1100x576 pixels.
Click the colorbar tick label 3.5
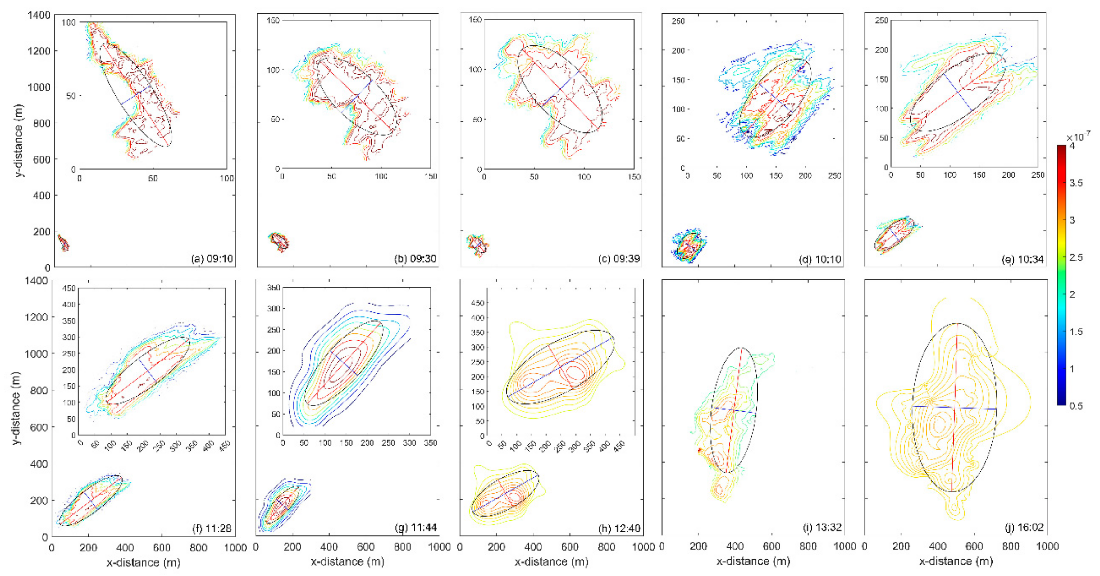[1076, 183]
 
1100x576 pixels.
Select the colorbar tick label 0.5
[1076, 406]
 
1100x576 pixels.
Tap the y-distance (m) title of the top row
[19, 141]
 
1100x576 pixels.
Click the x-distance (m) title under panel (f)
[144, 563]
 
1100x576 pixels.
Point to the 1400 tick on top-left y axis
[39, 16]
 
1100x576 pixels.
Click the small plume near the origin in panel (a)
[63, 243]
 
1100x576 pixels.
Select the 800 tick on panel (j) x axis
[1011, 546]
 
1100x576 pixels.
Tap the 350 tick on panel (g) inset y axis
[273, 288]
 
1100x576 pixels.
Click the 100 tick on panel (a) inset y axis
[68, 22]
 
